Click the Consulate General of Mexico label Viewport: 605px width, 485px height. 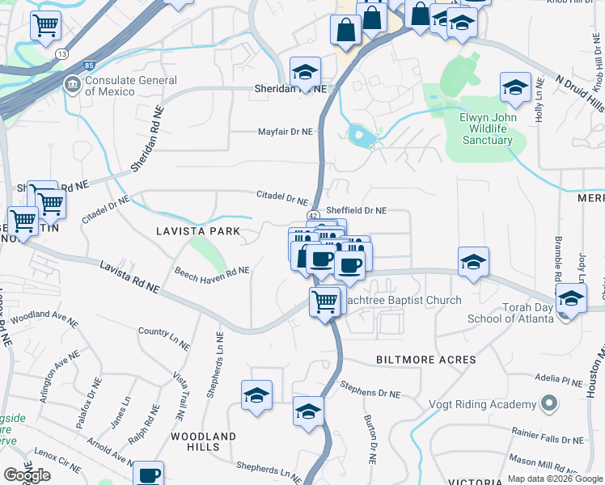point(131,86)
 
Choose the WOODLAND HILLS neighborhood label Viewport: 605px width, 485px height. point(203,441)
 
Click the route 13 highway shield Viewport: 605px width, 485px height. point(61,54)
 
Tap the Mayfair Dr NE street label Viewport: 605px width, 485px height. point(285,132)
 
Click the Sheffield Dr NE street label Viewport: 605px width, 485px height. point(357,210)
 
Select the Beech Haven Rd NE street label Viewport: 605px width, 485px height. point(213,272)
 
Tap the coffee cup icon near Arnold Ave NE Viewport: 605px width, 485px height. point(149,474)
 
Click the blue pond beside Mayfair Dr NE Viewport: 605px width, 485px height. point(362,135)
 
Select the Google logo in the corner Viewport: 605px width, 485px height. point(27,475)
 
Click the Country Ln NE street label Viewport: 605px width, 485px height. point(164,338)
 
